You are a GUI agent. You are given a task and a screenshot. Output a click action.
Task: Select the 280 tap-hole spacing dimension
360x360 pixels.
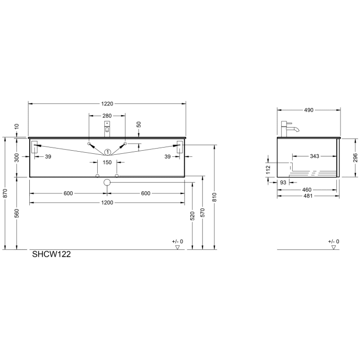click(106, 116)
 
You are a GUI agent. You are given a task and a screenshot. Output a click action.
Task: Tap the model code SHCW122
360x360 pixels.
click(51, 254)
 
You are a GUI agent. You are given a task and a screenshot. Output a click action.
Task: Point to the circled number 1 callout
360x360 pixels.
click(107, 152)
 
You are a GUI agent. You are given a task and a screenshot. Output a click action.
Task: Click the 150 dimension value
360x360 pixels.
click(106, 163)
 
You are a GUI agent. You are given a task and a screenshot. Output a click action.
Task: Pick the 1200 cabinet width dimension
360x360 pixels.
click(106, 203)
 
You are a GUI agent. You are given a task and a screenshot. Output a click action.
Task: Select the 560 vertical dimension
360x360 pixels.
click(16, 212)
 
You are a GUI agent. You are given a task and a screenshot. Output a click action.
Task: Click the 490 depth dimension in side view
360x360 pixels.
click(309, 110)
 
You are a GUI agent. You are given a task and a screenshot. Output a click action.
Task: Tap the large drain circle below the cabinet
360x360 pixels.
click(107, 182)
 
